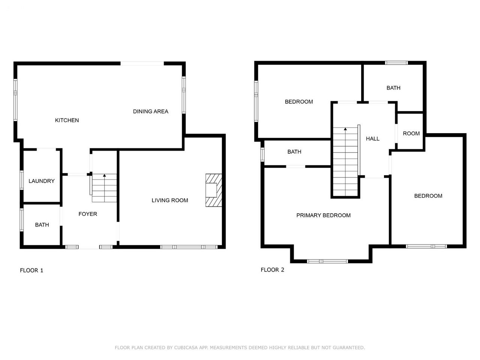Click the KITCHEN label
pyautogui.click(x=67, y=120)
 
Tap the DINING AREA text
pyautogui.click(x=150, y=111)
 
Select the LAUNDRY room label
pyautogui.click(x=42, y=181)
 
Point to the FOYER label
pyautogui.click(x=88, y=214)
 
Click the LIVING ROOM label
pyautogui.click(x=170, y=200)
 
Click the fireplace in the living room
pyautogui.click(x=214, y=190)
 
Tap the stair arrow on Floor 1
pyautogui.click(x=104, y=188)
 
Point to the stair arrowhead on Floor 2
pyautogui.click(x=345, y=129)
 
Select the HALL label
pyautogui.click(x=373, y=139)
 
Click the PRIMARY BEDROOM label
pyautogui.click(x=323, y=215)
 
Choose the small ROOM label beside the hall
pyautogui.click(x=411, y=133)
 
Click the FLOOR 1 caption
pyautogui.click(x=31, y=270)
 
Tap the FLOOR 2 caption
pyautogui.click(x=272, y=270)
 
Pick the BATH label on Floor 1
pyautogui.click(x=42, y=225)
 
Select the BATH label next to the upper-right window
pyautogui.click(x=393, y=88)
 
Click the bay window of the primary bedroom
pyautogui.click(x=327, y=261)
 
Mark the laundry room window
pyautogui.click(x=22, y=180)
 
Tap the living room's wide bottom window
pyautogui.click(x=189, y=247)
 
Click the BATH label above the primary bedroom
pyautogui.click(x=294, y=152)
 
